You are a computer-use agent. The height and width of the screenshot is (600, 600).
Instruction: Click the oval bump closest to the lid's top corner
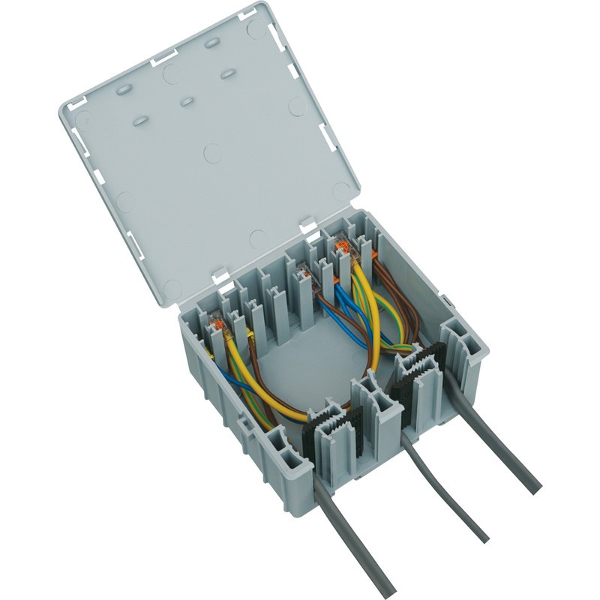pos(211,43)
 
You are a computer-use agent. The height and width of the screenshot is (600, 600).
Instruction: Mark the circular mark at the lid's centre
pos(212,154)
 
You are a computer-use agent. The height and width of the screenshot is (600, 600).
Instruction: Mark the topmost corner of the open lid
pos(261,6)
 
